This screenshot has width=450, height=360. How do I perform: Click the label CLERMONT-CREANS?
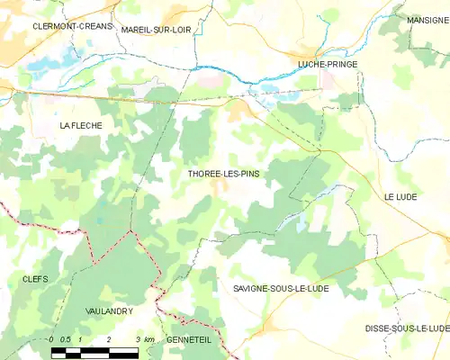73,27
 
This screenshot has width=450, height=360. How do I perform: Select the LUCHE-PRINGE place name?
327,65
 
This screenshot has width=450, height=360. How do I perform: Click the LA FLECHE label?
81,126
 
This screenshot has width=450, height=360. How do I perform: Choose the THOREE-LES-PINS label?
222,174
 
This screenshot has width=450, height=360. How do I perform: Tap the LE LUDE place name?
402,196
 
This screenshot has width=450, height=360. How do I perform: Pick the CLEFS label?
34,279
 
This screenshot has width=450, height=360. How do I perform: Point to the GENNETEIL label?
190,339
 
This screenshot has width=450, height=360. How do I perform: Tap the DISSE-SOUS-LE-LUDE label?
408,328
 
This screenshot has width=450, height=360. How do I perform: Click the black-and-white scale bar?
94,351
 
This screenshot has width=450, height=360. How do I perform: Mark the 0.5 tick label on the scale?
66,339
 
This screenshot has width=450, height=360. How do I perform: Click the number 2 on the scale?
109,339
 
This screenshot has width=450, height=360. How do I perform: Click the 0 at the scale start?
51,339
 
